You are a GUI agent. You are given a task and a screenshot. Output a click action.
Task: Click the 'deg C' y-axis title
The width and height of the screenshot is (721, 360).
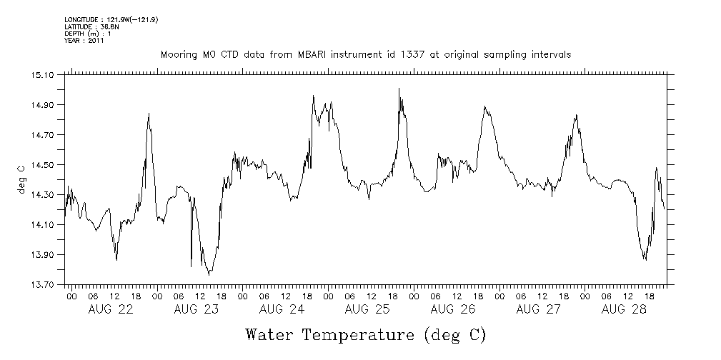coord(21,179)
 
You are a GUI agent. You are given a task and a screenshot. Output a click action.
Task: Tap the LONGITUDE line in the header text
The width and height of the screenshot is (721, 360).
coord(111,20)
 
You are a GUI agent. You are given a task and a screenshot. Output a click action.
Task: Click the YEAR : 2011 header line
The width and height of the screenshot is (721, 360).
coord(84,41)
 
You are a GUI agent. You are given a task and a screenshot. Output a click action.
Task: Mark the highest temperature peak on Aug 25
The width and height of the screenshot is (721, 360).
coord(399,89)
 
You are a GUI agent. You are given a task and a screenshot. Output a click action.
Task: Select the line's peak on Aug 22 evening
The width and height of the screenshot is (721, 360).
coord(149,114)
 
